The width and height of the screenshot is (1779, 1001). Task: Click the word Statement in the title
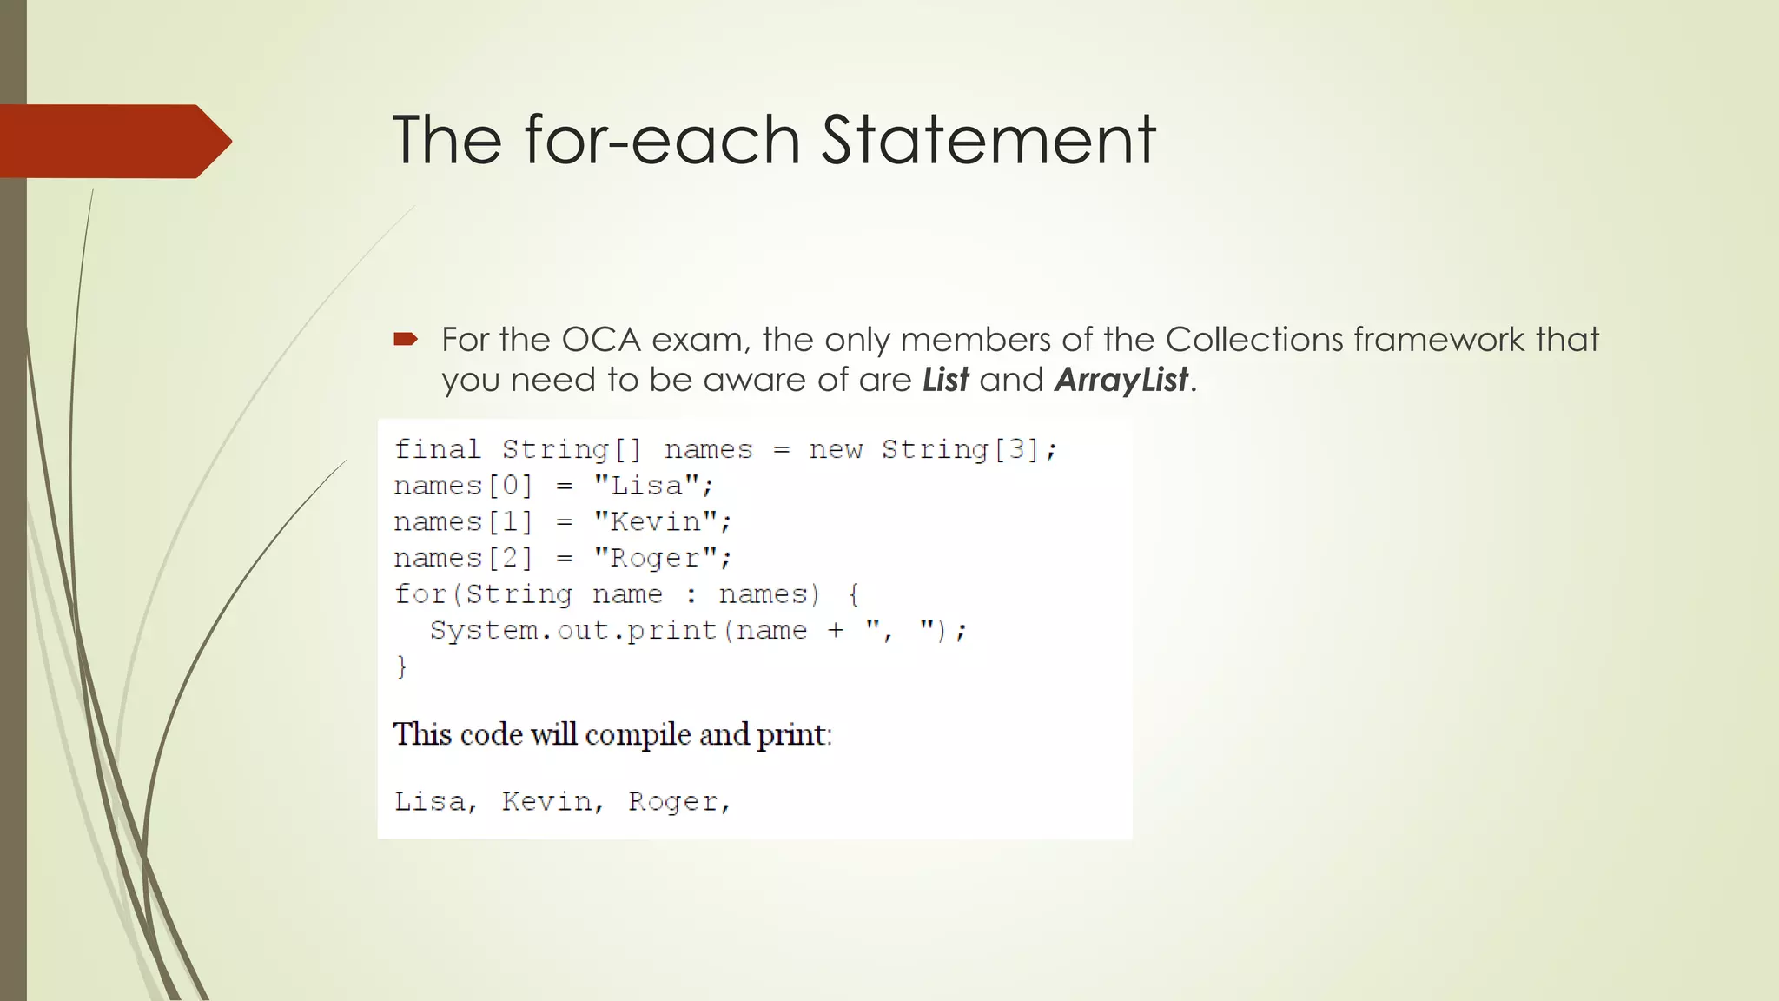tap(989, 140)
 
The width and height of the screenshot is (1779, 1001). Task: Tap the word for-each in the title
tap(662, 140)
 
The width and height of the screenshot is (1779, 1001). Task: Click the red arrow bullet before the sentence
tap(406, 339)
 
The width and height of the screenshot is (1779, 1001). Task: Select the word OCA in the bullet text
tap(601, 340)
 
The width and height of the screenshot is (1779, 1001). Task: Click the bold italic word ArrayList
tap(1121, 381)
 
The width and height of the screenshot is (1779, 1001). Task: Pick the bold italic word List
tap(945, 381)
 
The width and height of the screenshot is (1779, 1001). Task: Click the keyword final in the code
tap(437, 449)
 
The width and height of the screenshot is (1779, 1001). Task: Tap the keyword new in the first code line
tap(835, 449)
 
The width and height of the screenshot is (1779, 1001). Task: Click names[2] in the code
tap(463, 558)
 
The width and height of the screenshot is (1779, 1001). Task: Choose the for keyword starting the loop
tap(420, 594)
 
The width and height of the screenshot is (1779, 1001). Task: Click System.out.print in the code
tap(573, 631)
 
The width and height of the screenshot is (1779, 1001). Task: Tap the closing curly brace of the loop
tap(401, 666)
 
